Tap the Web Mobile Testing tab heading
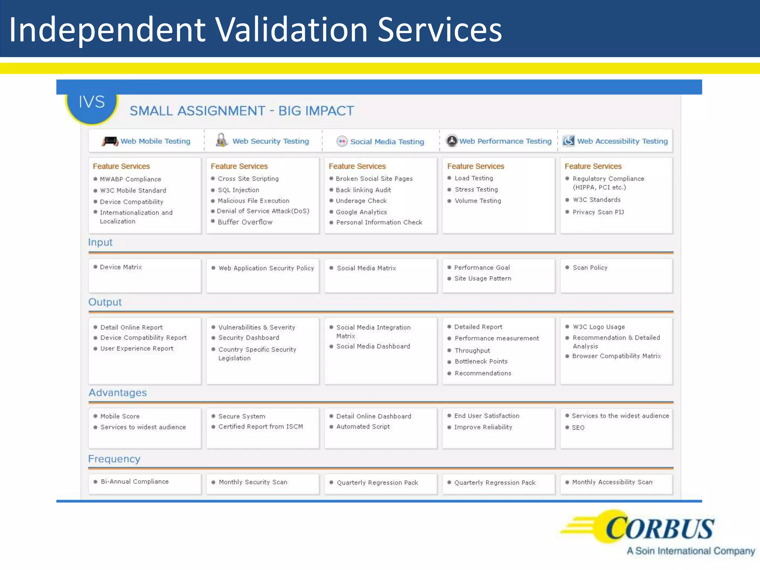(155, 141)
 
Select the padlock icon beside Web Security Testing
(222, 140)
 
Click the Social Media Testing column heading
(387, 142)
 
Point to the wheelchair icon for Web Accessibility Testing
(568, 141)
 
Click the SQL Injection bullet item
(238, 190)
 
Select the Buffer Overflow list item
(245, 222)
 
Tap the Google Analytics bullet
(361, 212)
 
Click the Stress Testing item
(476, 190)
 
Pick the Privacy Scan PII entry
(598, 212)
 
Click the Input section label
(100, 242)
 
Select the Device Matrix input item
(121, 267)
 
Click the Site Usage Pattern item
(482, 278)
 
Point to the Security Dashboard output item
(249, 338)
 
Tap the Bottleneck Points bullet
(481, 361)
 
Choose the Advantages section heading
(118, 393)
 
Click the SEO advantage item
(578, 427)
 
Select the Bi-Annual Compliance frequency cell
(134, 482)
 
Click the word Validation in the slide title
(291, 30)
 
